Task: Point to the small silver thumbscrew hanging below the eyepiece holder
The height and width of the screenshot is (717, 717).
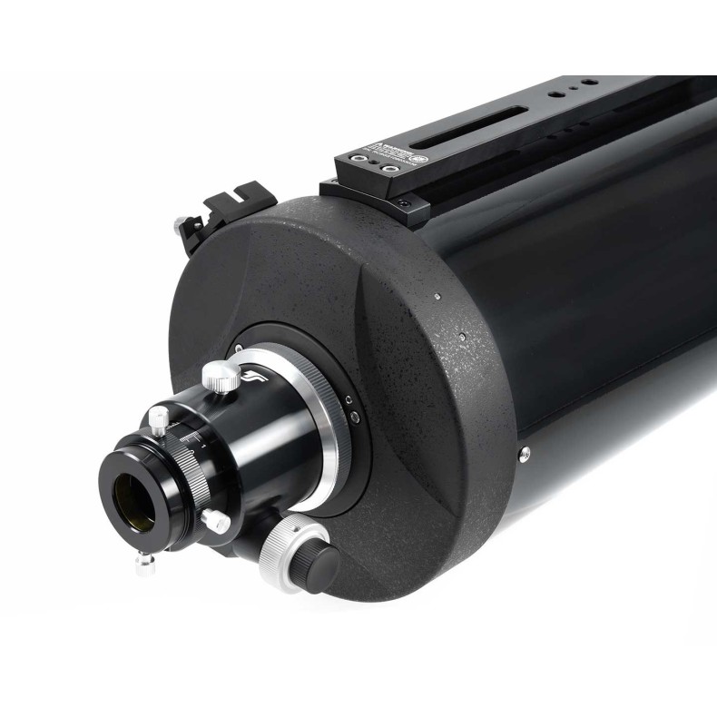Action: [142, 565]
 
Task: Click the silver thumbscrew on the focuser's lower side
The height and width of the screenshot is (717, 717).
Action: [214, 520]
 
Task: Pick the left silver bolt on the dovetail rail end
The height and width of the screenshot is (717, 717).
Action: [360, 162]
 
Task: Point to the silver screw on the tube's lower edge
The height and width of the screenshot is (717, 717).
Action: [524, 451]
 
